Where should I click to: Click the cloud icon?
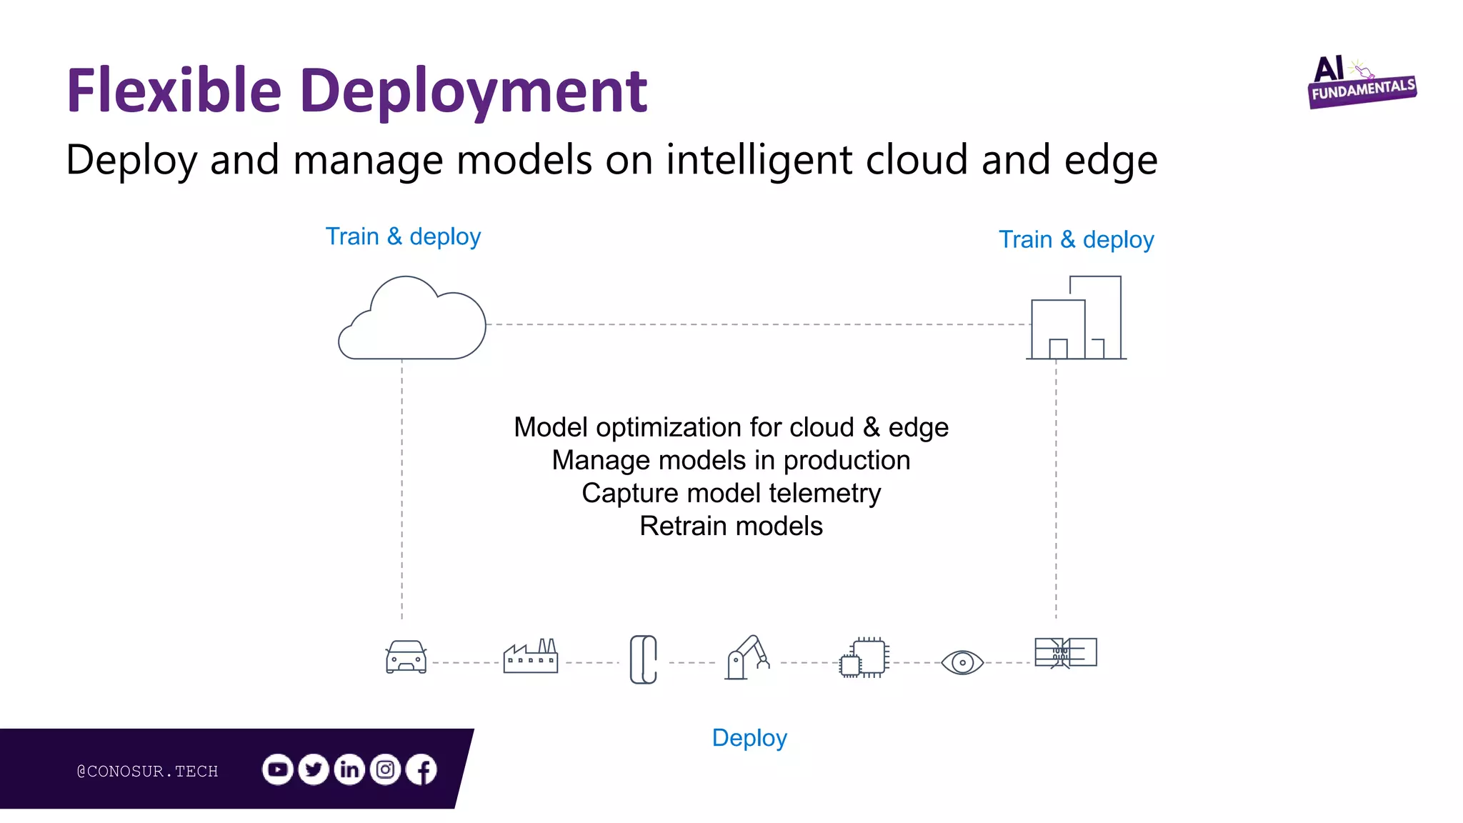coord(412,320)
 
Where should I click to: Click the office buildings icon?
coord(1077,318)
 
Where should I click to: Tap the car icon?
coord(406,657)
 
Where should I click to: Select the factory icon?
coord(530,656)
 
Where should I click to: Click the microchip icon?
coord(864,657)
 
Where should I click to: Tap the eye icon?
coord(962,662)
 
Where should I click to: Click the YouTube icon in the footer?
coord(278,769)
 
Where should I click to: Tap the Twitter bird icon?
coord(314,769)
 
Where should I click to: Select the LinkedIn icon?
coord(349,769)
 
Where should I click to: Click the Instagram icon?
coord(386,769)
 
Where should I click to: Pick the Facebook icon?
coord(421,769)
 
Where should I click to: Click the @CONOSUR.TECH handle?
coord(147,771)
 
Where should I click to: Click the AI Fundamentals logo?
coord(1362,83)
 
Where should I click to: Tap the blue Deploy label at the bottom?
coord(749,737)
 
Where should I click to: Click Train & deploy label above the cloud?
coord(403,236)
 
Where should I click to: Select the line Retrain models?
coord(731,526)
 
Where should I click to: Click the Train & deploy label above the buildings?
coord(1076,240)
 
